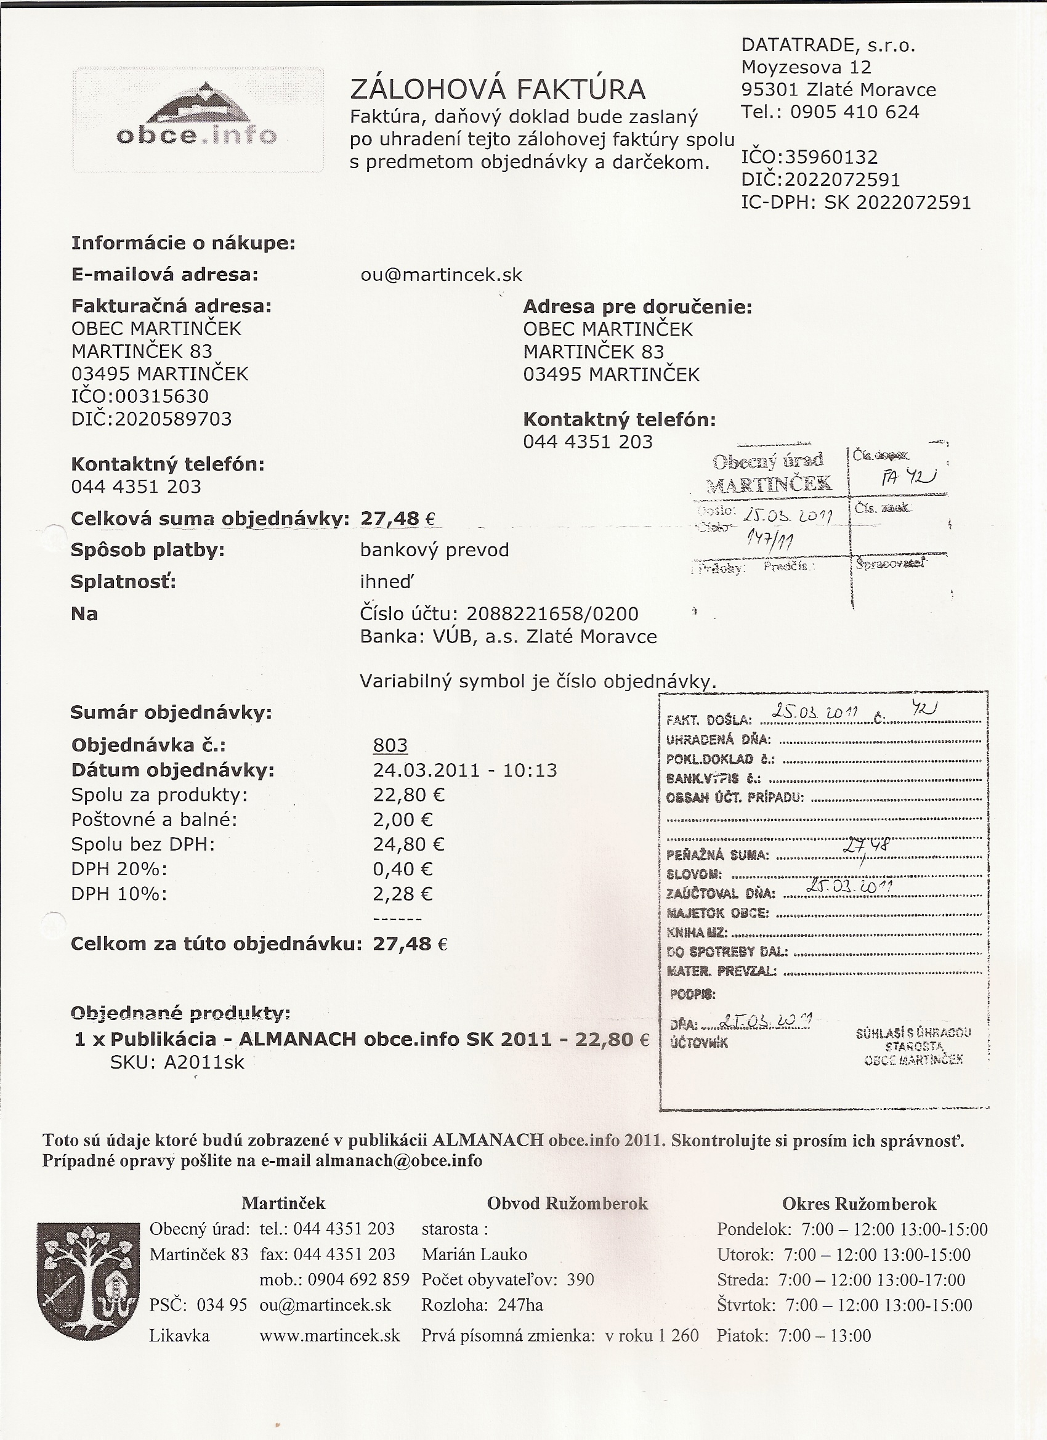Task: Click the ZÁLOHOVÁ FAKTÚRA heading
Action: (498, 90)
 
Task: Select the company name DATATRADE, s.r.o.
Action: (828, 45)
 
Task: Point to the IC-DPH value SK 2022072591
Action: (898, 203)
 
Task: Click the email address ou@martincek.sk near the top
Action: (440, 275)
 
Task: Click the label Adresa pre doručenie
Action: (637, 307)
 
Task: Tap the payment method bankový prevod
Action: (434, 550)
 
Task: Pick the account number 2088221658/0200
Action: (552, 614)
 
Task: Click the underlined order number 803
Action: (390, 745)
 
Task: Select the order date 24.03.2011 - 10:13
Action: (465, 770)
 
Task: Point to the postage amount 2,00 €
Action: (403, 820)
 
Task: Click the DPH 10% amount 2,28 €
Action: (403, 894)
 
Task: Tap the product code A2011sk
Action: (204, 1062)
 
